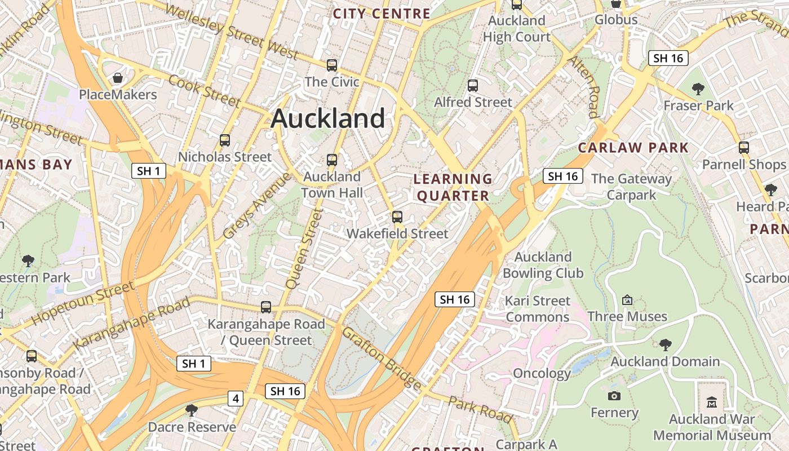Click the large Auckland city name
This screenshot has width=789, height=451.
coord(328,119)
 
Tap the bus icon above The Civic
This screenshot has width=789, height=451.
coord(332,65)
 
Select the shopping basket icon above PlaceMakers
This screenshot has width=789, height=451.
coord(118,78)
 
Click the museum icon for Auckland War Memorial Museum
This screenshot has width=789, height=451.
coord(712,403)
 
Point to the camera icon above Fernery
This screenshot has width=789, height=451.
coord(614,396)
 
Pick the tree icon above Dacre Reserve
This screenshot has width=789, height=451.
coord(192,410)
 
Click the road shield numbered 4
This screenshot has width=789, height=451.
coord(236,399)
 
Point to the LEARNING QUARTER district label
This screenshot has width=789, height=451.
coord(453,187)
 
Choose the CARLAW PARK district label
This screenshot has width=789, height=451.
coord(633,148)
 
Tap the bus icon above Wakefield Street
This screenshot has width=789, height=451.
coord(397,217)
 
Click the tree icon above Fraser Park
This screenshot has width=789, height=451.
coord(698,89)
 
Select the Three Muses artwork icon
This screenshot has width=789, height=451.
coord(627,300)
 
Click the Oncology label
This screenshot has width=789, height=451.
coord(542,373)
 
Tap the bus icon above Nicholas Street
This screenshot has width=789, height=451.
coord(225,140)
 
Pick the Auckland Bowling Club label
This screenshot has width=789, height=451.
coord(543,265)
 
